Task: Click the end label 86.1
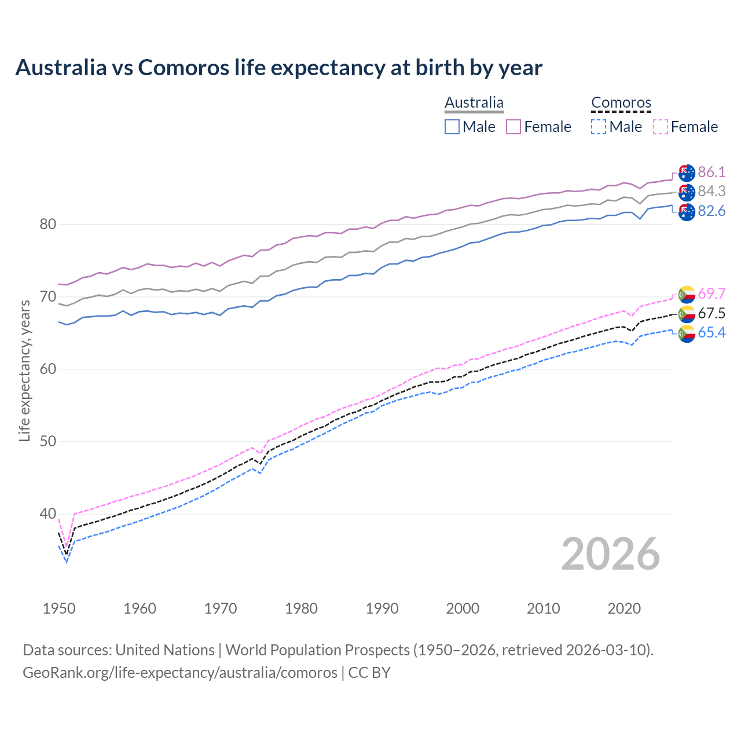711,172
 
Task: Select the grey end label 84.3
711,191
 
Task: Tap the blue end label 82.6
711,211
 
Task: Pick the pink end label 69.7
711,294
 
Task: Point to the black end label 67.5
711,313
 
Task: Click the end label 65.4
711,332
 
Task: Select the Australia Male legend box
452,127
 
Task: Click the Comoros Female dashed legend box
661,127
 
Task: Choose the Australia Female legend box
513,127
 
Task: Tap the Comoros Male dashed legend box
599,127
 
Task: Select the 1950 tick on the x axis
59,608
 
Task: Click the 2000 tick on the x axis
463,608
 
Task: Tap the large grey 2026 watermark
611,554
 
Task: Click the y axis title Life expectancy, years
24,370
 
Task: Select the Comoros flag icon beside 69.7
687,294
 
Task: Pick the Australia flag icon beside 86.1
687,173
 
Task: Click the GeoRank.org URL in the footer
179,672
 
